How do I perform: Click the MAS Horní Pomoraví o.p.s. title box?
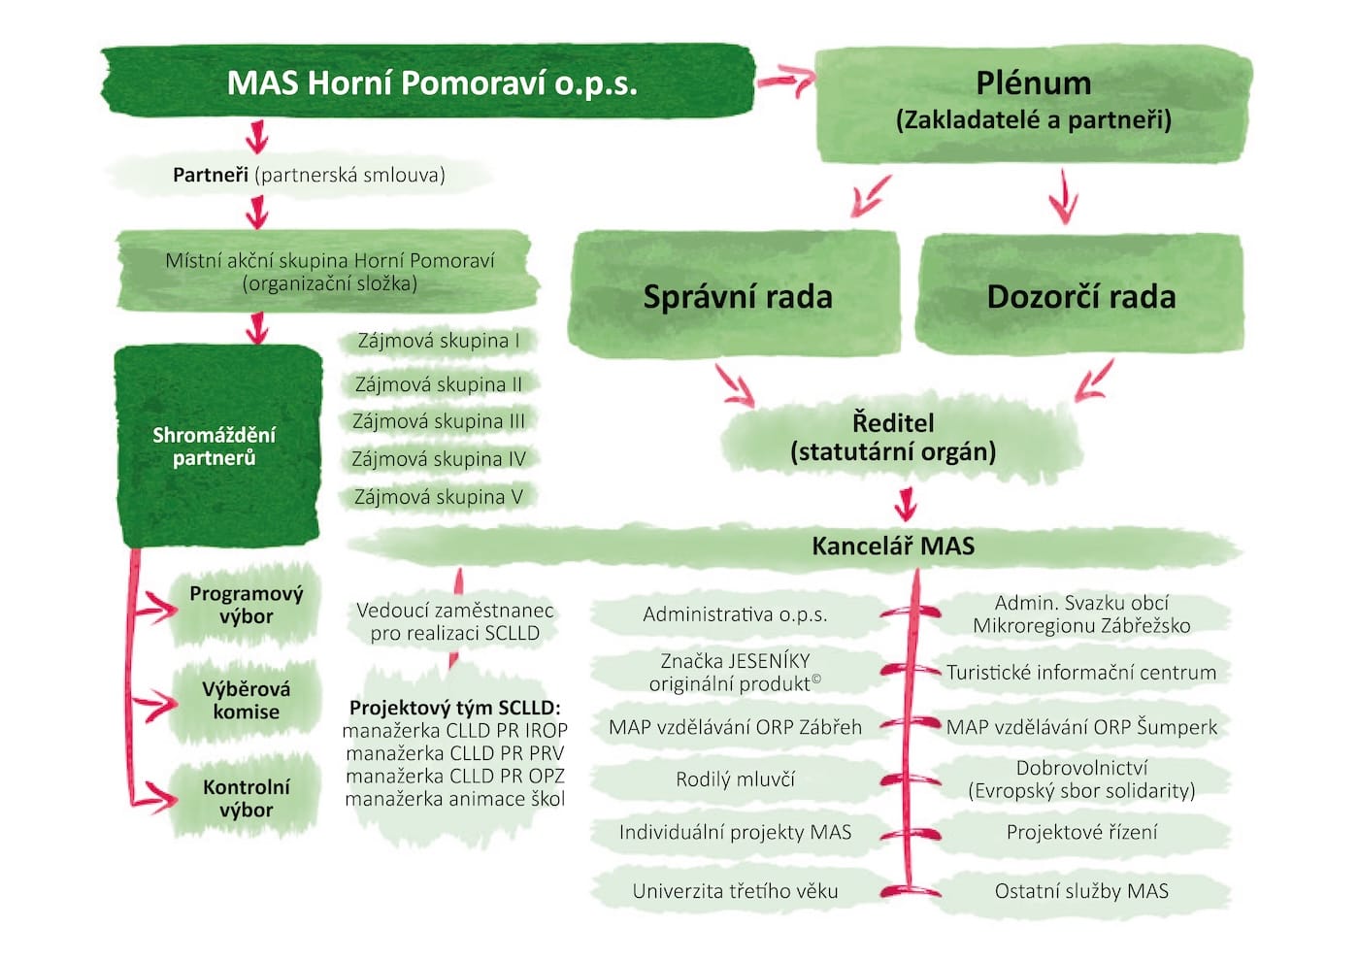tap(431, 83)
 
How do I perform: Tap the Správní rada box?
tap(737, 295)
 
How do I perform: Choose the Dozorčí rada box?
tap(1080, 295)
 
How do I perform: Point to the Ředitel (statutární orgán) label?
tap(893, 437)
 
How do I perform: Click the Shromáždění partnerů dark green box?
tap(216, 446)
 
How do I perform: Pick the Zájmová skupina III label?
tap(438, 421)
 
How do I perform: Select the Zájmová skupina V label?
tap(438, 497)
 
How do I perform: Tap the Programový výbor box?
tap(246, 605)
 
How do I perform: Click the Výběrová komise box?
tap(246, 700)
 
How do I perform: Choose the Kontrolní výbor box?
tap(246, 798)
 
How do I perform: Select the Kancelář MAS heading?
tap(892, 546)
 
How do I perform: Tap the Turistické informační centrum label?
tap(1080, 673)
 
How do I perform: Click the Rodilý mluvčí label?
tap(735, 779)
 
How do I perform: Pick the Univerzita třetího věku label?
tap(735, 891)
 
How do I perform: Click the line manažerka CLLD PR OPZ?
tap(454, 777)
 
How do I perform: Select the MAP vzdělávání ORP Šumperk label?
tap(1080, 727)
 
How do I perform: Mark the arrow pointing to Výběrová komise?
tap(155, 704)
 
